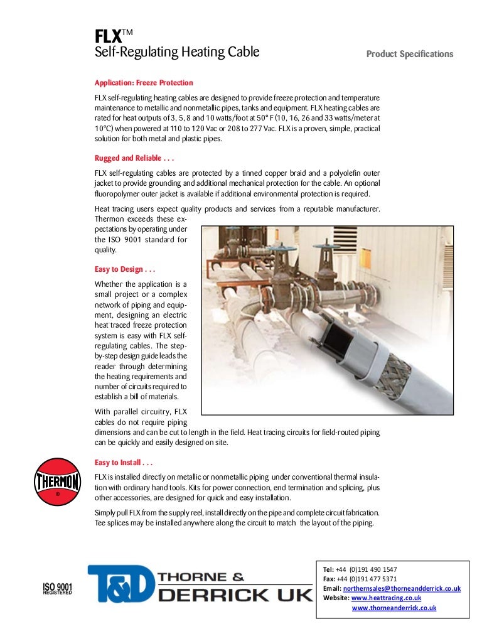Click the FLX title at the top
109,37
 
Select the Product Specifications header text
409,54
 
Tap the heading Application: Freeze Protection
144,83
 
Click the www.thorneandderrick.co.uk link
394,608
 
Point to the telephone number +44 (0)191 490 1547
367,569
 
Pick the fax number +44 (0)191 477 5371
367,578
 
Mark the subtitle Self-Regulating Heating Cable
176,52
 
